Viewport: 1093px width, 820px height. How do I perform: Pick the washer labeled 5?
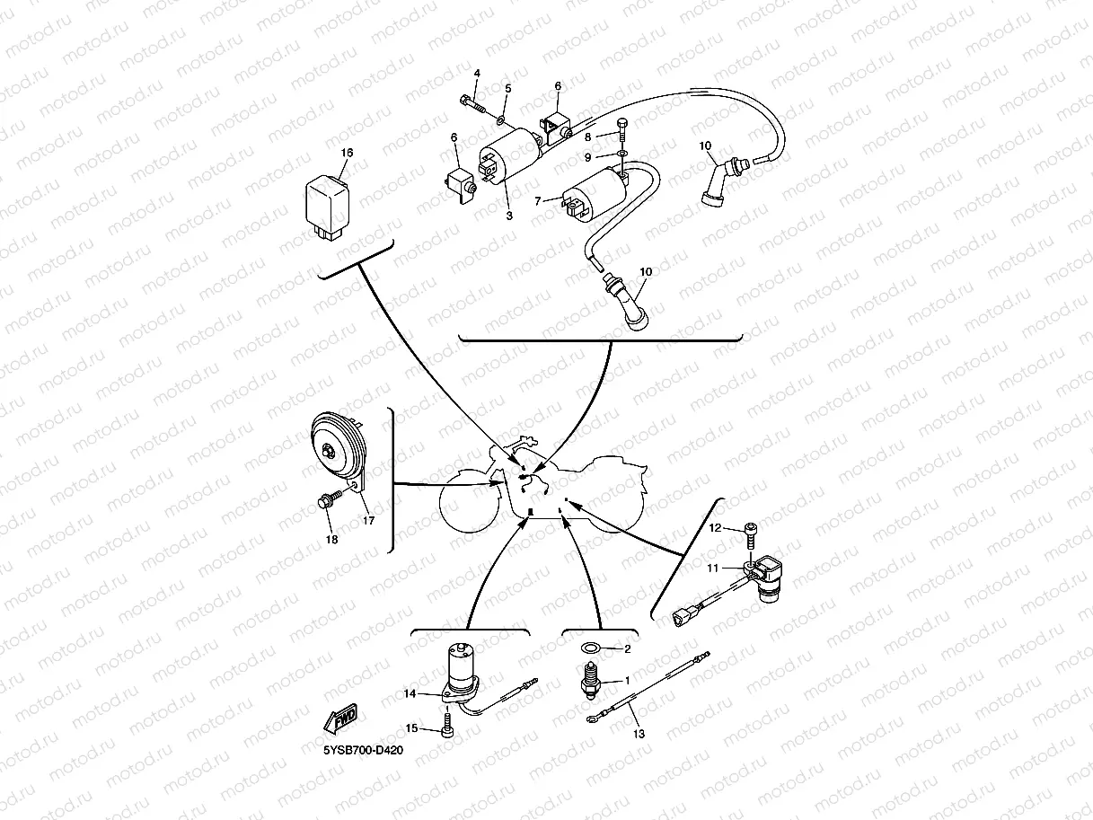[500, 118]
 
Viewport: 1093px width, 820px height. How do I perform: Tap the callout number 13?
[639, 734]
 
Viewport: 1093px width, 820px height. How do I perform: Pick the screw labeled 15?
[447, 726]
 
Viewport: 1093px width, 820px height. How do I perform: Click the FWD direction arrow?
[343, 719]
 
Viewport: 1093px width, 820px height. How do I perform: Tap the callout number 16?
[347, 153]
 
